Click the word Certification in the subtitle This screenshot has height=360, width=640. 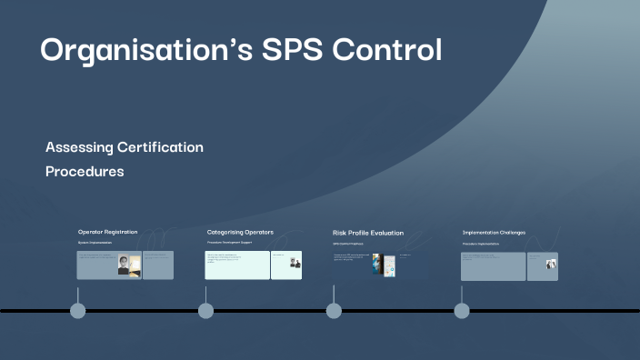[165, 147]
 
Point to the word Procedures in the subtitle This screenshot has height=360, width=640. [85, 171]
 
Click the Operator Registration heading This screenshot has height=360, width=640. [107, 232]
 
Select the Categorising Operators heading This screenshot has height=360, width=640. [240, 232]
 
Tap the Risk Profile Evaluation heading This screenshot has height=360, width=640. [368, 233]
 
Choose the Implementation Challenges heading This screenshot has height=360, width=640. [494, 232]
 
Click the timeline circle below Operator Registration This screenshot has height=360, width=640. [78, 311]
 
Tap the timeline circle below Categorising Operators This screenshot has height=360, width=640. [206, 311]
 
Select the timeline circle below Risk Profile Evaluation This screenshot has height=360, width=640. [334, 311]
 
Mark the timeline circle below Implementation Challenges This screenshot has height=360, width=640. [462, 311]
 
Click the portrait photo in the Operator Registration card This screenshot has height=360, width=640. [124, 265]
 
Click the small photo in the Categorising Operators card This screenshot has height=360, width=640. [295, 264]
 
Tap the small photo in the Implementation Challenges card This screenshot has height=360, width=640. [551, 265]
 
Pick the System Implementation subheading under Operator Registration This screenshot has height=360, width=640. [96, 244]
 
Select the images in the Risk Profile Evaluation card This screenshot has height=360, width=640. [383, 265]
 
